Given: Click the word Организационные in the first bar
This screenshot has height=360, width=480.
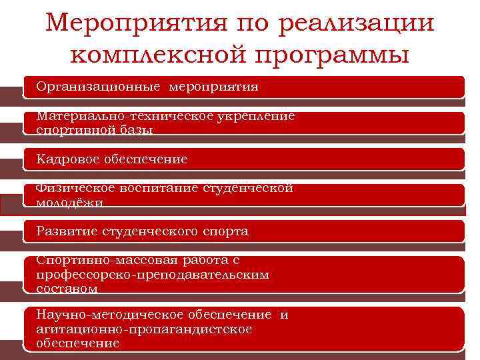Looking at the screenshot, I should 99,87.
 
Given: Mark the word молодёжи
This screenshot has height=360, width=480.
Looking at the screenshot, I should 70,203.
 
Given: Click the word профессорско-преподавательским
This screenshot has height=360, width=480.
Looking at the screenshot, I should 153,275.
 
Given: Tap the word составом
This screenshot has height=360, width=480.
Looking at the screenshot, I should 69,289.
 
